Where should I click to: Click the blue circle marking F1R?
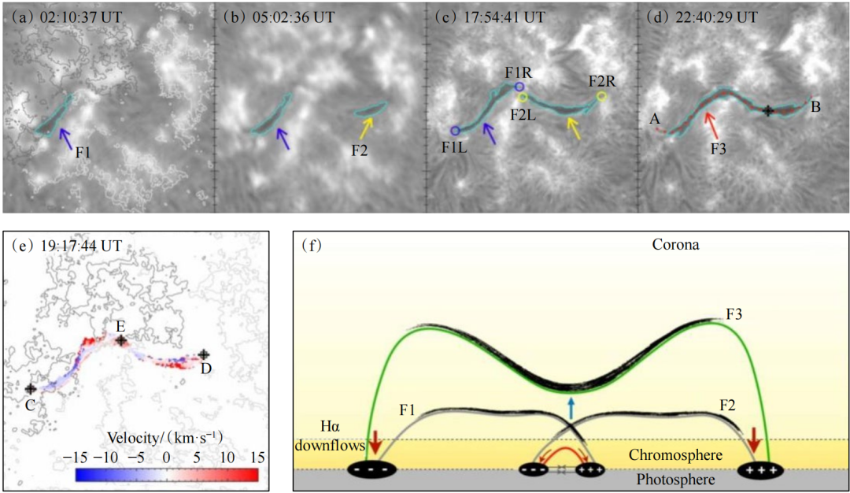coord(519,87)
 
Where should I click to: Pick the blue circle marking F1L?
coord(455,130)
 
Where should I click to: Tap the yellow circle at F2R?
coord(602,96)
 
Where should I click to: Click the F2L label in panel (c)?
coord(523,115)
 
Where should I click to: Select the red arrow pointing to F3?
coord(711,124)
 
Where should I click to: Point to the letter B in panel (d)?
coord(816,107)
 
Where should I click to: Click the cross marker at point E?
coord(120,341)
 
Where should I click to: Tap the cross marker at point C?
coord(30,388)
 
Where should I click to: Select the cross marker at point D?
coord(204,355)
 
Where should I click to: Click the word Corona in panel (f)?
coord(674,245)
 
